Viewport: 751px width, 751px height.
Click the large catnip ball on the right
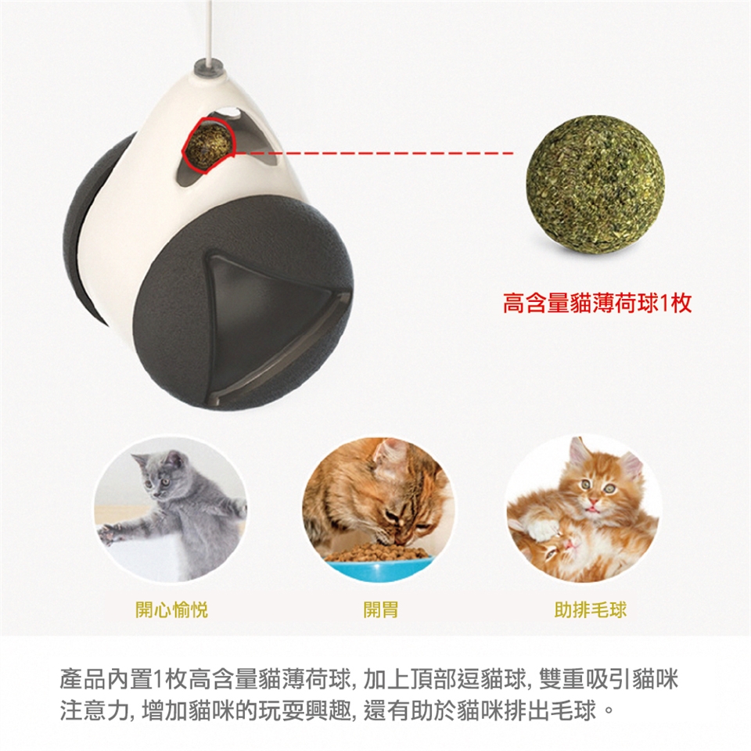point(595,183)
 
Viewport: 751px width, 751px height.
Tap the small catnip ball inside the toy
point(208,144)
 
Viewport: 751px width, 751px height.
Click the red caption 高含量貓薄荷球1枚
point(597,304)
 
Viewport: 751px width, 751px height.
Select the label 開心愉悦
point(171,609)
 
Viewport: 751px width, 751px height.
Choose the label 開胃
point(381,609)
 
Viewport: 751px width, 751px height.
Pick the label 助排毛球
point(590,609)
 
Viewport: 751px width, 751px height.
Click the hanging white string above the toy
point(209,30)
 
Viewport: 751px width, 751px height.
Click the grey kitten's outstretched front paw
point(110,534)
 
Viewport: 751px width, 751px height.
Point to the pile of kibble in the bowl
point(379,552)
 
